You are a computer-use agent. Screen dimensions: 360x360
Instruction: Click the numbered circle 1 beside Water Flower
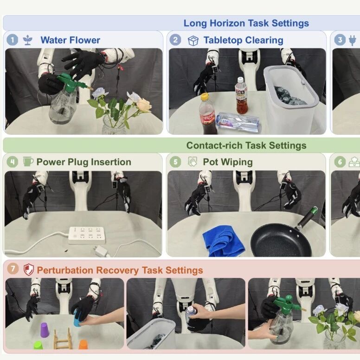point(12,40)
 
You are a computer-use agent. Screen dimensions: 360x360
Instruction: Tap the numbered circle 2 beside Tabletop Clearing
point(175,40)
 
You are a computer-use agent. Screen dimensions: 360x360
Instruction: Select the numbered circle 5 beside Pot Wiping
point(175,162)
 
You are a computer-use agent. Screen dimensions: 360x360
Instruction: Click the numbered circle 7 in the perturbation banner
point(13,268)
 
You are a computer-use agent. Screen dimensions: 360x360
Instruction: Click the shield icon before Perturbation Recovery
point(28,269)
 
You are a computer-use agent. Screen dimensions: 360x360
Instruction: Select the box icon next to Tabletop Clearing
point(193,41)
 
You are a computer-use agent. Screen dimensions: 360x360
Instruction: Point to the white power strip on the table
point(87,235)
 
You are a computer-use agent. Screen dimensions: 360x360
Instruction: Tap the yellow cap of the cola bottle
point(205,96)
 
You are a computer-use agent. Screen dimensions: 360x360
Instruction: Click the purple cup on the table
point(45,330)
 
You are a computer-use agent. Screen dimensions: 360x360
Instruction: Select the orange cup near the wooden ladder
point(83,344)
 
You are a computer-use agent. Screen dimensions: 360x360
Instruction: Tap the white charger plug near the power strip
point(102,251)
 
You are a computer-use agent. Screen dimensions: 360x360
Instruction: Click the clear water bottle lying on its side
point(238,122)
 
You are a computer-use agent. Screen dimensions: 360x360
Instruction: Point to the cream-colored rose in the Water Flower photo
point(144,104)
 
